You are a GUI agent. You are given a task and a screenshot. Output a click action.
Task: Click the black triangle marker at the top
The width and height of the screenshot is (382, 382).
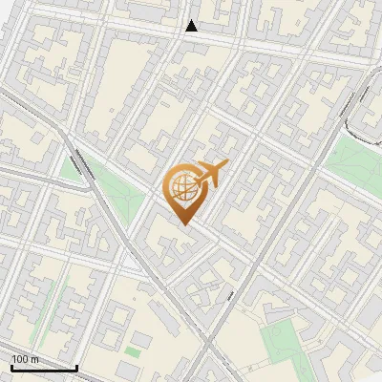[x=192, y=26]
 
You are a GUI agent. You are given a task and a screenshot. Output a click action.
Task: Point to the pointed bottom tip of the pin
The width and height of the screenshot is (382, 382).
[x=183, y=224]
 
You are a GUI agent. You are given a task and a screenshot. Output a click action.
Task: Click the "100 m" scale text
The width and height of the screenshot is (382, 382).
[x=25, y=358]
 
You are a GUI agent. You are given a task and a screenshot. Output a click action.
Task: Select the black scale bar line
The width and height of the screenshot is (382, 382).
[x=44, y=367]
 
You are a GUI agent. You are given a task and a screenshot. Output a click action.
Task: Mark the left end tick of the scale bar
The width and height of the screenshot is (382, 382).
[x=11, y=366]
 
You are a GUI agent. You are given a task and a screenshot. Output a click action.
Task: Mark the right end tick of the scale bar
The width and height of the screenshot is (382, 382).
[x=76, y=366]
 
